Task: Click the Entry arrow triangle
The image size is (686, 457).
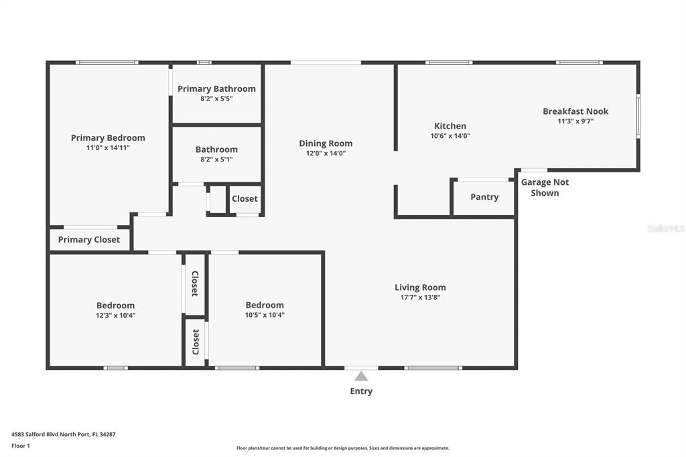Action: tap(361, 376)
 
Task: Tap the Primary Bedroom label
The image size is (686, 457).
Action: tap(108, 137)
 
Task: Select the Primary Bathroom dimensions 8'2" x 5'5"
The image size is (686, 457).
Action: tap(216, 99)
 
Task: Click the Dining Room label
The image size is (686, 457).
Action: tap(326, 143)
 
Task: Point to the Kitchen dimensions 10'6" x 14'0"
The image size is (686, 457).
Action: tap(450, 136)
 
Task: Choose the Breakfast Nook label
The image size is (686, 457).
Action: tap(575, 111)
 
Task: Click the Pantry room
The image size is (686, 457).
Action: tap(484, 198)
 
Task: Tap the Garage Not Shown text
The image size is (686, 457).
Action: tap(545, 188)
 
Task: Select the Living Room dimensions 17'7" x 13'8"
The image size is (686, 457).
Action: tap(421, 298)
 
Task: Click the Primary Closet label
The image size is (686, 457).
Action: tap(89, 239)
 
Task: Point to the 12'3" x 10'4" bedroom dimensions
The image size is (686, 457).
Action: tap(115, 315)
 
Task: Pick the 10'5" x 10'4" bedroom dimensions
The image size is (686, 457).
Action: tap(265, 315)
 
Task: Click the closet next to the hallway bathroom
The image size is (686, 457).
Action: tap(245, 199)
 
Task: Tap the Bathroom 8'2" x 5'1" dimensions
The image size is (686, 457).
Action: tap(216, 159)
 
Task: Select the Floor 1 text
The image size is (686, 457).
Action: tap(21, 446)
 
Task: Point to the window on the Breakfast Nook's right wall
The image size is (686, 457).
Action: tap(638, 116)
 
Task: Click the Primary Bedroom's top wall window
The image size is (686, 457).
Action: tap(107, 62)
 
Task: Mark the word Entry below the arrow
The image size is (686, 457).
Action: tap(361, 391)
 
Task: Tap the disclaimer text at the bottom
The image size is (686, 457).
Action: tap(343, 448)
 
